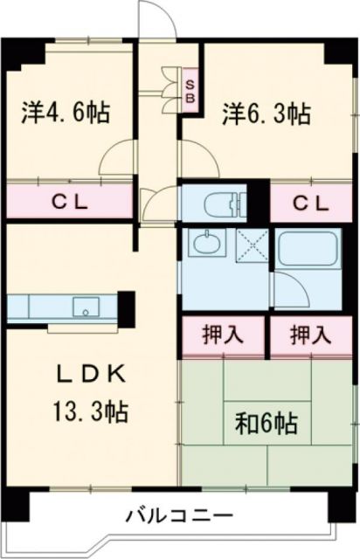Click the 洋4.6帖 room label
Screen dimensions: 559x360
point(66,113)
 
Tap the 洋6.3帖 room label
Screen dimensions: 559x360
point(267,113)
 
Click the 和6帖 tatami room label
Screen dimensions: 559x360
point(267,424)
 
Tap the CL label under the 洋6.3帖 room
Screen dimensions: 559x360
point(310,204)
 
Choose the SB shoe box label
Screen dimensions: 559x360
point(189,90)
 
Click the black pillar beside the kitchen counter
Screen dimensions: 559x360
point(128,306)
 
